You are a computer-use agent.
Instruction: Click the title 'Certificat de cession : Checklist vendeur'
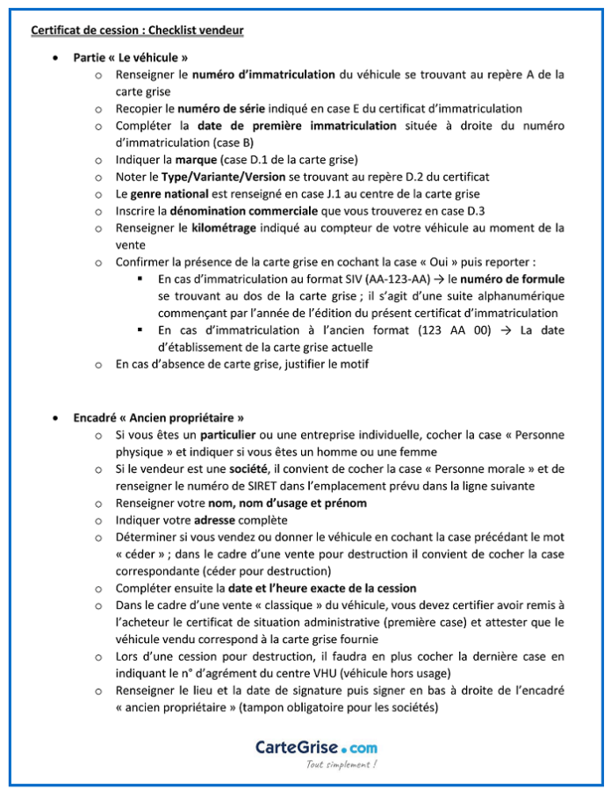[137, 31]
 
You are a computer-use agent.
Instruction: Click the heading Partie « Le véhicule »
[132, 58]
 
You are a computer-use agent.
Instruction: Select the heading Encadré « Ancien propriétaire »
[159, 417]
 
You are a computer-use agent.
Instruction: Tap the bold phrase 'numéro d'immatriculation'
[263, 76]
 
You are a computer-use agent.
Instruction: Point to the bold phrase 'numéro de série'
[219, 109]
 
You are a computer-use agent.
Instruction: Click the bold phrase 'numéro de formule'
[518, 279]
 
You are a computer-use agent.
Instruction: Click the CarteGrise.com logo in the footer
[317, 748]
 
